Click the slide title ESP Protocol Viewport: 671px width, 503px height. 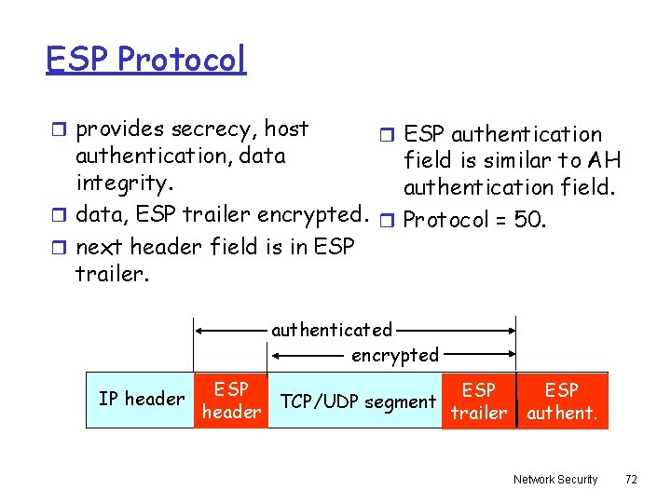pyautogui.click(x=145, y=60)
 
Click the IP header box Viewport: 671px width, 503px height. pyautogui.click(x=141, y=399)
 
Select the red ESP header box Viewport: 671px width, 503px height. pyautogui.click(x=231, y=401)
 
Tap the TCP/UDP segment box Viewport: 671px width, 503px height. pyautogui.click(x=359, y=401)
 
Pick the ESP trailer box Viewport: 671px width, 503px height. pyautogui.click(x=479, y=401)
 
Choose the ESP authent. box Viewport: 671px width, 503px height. pyautogui.click(x=562, y=401)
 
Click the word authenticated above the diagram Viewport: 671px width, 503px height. pyautogui.click(x=332, y=330)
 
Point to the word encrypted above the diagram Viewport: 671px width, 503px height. pyautogui.click(x=394, y=355)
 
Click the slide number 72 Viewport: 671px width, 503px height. pyautogui.click(x=631, y=479)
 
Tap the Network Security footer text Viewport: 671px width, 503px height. pyautogui.click(x=555, y=479)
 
